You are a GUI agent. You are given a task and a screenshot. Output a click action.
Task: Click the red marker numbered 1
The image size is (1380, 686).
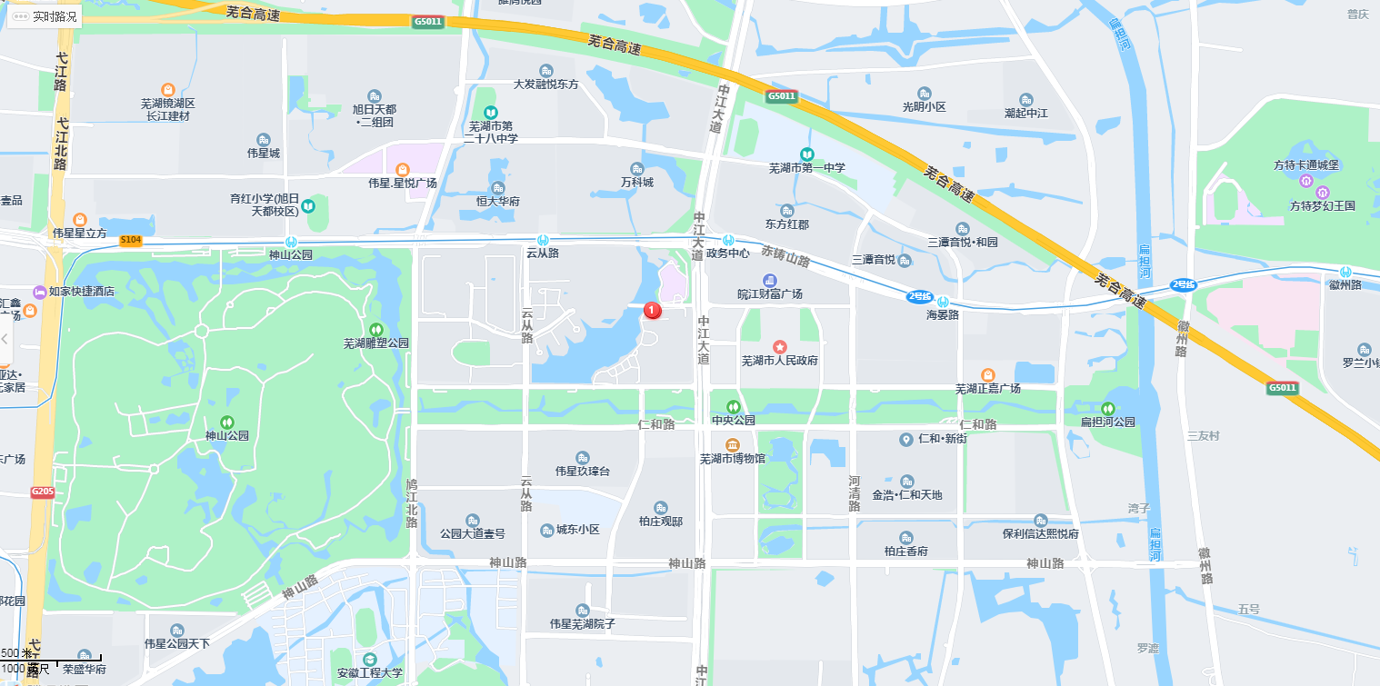(652, 310)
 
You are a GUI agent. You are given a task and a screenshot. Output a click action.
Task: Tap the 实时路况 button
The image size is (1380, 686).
(45, 16)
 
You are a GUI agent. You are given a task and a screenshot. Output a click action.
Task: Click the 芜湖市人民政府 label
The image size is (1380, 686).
(779, 361)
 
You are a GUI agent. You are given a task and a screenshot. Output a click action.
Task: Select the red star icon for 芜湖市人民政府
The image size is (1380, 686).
(779, 347)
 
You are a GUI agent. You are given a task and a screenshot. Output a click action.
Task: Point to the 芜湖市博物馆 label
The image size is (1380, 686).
(733, 458)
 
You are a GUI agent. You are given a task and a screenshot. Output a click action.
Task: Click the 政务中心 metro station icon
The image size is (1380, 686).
(728, 240)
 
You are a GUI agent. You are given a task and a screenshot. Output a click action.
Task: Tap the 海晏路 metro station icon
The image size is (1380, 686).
(943, 302)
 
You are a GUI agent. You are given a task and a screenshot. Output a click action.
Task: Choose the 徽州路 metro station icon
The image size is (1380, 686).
(1345, 272)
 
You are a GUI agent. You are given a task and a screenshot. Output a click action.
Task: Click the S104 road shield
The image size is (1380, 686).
(131, 241)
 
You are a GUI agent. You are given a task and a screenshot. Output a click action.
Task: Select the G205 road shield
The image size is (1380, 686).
(43, 492)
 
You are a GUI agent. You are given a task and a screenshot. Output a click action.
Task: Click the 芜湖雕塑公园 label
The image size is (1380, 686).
(375, 343)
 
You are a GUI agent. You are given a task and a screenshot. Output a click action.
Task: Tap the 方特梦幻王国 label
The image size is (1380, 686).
(1322, 206)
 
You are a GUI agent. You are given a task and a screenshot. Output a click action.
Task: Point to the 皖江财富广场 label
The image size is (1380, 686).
(769, 294)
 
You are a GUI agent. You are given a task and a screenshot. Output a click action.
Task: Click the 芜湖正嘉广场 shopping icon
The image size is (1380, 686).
(987, 374)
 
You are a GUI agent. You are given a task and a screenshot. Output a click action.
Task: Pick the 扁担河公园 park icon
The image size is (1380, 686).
(1107, 409)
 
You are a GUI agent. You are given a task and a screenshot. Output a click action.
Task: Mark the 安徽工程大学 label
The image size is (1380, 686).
(369, 673)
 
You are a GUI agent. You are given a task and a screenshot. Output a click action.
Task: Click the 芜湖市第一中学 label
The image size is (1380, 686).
(806, 168)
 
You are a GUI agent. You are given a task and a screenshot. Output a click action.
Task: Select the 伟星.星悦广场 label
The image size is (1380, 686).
(402, 183)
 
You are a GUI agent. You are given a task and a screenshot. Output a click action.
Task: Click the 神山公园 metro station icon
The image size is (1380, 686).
(290, 242)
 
